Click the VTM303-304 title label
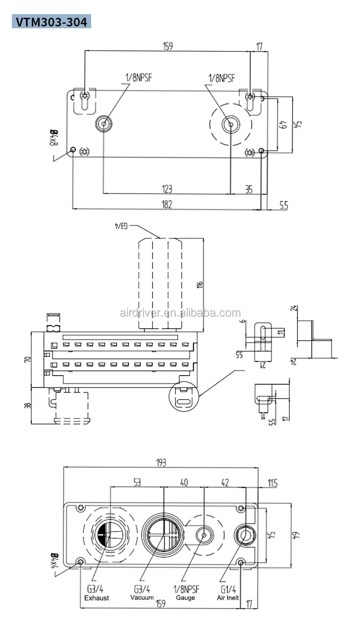click(x=51, y=22)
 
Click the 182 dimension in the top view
click(x=167, y=205)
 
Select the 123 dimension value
click(x=167, y=189)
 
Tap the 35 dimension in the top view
click(x=249, y=190)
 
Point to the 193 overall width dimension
click(x=161, y=463)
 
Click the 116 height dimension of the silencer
click(x=200, y=285)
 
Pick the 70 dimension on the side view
click(x=27, y=359)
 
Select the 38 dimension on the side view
click(x=27, y=405)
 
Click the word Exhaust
click(x=97, y=598)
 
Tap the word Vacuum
click(x=142, y=598)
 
